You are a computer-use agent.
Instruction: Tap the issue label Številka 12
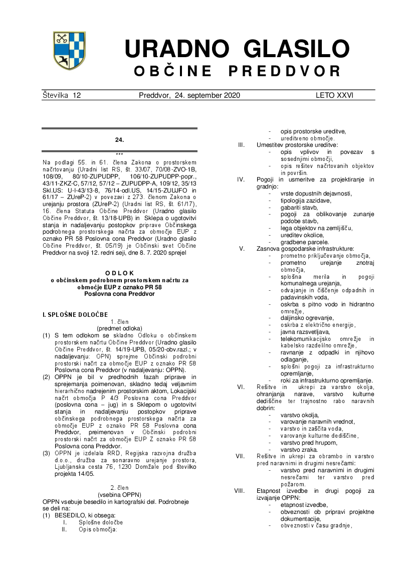point(62,95)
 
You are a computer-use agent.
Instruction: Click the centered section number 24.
point(119,140)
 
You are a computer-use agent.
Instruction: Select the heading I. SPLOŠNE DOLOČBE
point(75,314)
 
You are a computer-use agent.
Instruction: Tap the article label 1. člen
point(119,321)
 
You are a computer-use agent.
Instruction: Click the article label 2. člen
point(119,487)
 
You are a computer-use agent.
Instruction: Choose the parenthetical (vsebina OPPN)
point(119,494)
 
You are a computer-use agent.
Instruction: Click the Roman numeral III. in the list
point(241,145)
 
